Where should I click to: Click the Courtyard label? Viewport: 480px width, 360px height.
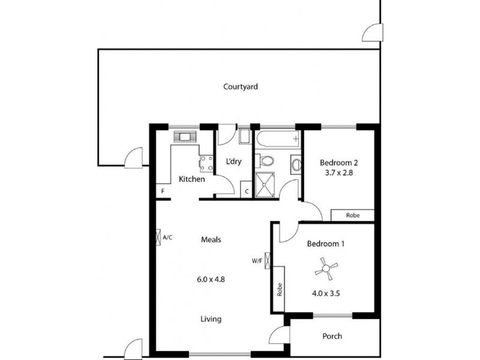click(x=240, y=86)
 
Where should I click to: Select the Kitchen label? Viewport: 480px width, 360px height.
click(x=192, y=179)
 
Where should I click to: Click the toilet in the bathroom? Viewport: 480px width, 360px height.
click(x=266, y=161)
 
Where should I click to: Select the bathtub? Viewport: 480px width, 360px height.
click(x=277, y=139)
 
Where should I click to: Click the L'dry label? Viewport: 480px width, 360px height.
click(x=233, y=162)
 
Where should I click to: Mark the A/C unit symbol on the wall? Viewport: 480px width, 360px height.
click(x=158, y=238)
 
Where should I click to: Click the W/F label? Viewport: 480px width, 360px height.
click(x=256, y=261)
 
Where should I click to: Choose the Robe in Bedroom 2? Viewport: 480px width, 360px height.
click(x=353, y=215)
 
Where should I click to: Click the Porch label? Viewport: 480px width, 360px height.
click(x=332, y=336)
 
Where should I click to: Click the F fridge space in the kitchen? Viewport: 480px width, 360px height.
click(x=162, y=191)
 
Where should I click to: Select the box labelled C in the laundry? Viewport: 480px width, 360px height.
click(x=247, y=191)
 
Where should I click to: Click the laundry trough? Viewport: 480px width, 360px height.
click(x=245, y=137)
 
